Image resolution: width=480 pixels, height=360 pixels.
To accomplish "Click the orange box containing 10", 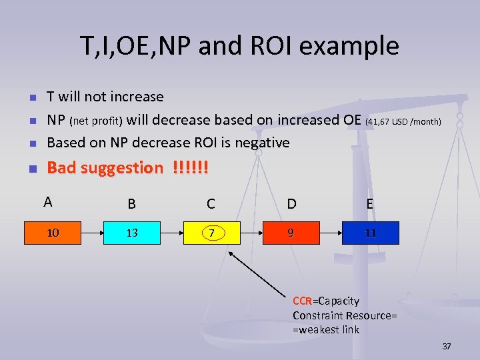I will (x=52, y=233).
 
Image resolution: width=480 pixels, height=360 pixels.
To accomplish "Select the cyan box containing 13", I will (x=132, y=233).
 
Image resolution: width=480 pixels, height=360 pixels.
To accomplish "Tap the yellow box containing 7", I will (x=211, y=233).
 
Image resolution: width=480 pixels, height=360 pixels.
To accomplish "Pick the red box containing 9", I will (x=291, y=233).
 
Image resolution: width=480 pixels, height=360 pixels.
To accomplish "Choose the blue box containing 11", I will (x=370, y=233).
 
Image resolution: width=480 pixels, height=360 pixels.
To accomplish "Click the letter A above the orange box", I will (x=47, y=202).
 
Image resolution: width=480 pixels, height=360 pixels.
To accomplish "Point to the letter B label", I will (x=132, y=204).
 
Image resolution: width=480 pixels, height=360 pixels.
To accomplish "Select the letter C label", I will (x=211, y=204).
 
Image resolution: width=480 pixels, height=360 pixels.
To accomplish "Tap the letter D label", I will (x=291, y=204).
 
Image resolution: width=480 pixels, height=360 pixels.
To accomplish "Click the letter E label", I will (x=369, y=204).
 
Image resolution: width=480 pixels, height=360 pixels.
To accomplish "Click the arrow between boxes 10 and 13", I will (x=91, y=233).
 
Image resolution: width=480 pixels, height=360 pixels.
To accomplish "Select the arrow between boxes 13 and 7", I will (x=171, y=233).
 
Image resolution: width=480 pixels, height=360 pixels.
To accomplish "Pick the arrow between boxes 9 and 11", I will (x=329, y=233).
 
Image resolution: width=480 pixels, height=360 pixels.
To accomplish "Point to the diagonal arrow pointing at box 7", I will (x=260, y=272).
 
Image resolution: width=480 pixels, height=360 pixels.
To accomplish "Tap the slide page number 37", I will (x=447, y=346).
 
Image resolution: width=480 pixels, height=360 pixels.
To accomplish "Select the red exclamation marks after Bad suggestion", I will (x=190, y=168).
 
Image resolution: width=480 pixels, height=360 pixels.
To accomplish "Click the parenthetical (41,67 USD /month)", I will (x=404, y=121).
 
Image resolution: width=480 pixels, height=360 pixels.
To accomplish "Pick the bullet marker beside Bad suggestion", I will (x=31, y=169).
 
